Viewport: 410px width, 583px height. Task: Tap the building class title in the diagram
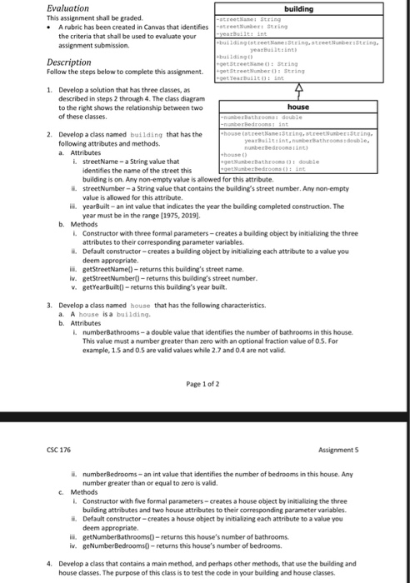coord(298,8)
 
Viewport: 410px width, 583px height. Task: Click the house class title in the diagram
coord(298,107)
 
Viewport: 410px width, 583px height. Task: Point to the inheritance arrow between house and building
coord(298,94)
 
